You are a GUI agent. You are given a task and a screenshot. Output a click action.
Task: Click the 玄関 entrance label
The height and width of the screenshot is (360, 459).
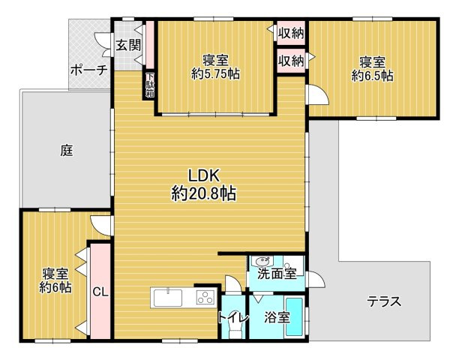(128, 45)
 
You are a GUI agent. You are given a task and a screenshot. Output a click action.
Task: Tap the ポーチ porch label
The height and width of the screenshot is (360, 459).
(88, 70)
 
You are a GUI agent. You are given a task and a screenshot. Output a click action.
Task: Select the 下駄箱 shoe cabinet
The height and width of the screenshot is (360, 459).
(150, 85)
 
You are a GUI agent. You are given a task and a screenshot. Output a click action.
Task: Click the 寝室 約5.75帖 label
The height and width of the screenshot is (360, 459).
(215, 67)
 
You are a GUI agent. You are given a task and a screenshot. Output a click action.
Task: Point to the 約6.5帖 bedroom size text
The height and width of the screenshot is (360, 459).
(372, 76)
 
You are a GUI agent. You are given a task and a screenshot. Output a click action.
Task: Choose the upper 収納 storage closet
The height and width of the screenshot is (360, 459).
(291, 33)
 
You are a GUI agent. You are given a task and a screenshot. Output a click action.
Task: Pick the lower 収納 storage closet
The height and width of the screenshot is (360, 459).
(291, 61)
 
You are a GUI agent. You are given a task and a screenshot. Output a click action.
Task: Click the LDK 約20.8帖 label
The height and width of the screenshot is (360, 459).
(204, 185)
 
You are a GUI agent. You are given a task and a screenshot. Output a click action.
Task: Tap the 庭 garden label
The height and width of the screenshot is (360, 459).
(67, 151)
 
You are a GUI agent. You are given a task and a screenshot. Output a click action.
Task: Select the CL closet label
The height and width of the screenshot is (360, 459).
(100, 292)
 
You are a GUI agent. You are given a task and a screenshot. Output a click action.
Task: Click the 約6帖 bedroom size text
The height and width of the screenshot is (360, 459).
(55, 288)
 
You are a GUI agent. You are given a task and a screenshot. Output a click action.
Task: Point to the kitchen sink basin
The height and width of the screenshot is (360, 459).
(168, 298)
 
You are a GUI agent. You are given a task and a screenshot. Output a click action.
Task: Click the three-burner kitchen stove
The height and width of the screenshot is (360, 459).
(205, 297)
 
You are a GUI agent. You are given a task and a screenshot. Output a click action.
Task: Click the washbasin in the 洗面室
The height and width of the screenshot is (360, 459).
(261, 261)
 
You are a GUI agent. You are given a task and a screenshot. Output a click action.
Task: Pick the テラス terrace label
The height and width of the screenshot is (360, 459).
(384, 301)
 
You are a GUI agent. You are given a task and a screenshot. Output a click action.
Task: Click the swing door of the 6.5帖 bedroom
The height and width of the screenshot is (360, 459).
(316, 94)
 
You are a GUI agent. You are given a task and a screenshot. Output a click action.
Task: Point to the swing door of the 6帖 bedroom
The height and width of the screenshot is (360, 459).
(101, 225)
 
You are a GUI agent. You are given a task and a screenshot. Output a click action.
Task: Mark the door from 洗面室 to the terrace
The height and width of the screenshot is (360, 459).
(315, 279)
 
